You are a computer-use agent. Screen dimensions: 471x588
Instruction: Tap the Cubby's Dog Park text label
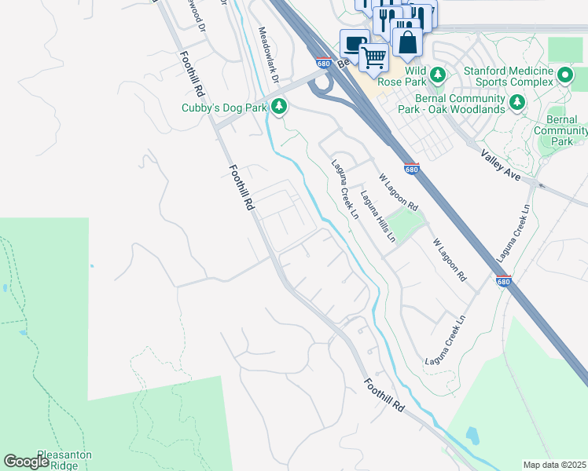pyautogui.click(x=225, y=108)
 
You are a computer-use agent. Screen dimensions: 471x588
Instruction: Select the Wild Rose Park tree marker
pyautogui.click(x=439, y=75)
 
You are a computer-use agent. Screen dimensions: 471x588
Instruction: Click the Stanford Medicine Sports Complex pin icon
pyautogui.click(x=565, y=75)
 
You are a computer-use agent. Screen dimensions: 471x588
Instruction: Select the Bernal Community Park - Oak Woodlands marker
pyautogui.click(x=516, y=102)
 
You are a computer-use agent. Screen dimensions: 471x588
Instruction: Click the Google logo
pyautogui.click(x=26, y=461)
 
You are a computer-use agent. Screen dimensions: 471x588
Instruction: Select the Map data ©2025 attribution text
pyautogui.click(x=554, y=465)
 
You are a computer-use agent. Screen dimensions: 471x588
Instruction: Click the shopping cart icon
pyautogui.click(x=373, y=56)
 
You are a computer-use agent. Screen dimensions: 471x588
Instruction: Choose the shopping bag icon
pyautogui.click(x=407, y=42)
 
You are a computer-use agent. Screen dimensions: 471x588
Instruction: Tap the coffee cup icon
pyautogui.click(x=354, y=42)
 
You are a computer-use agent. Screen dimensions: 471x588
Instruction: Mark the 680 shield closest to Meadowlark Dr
pyautogui.click(x=324, y=63)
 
